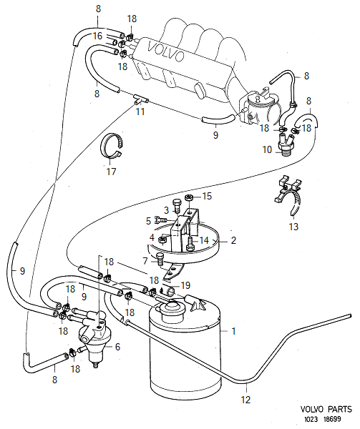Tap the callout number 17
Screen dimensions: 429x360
(x=110, y=172)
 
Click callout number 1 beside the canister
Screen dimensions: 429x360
(x=233, y=332)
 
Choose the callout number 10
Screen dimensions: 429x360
(x=267, y=150)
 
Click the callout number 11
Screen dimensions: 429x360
(x=140, y=113)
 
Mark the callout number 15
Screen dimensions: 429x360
(x=208, y=196)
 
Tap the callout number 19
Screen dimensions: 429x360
(x=185, y=285)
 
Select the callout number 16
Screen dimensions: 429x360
(x=97, y=35)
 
